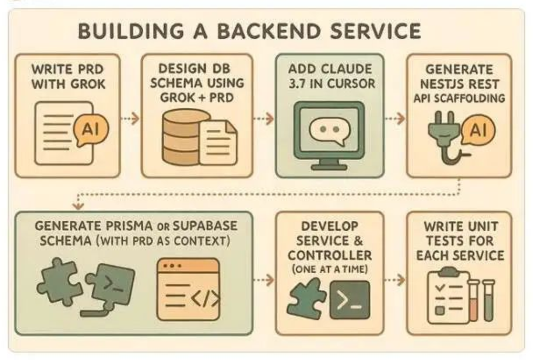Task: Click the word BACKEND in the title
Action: pyautogui.click(x=268, y=31)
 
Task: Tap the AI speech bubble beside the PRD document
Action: pyautogui.click(x=91, y=130)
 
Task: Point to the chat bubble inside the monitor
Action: pyautogui.click(x=330, y=131)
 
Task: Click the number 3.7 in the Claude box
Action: pyautogui.click(x=298, y=84)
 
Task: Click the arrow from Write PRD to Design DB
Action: pyautogui.click(x=130, y=118)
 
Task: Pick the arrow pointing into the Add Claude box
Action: pyautogui.click(x=263, y=118)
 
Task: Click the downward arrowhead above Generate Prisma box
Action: pyautogui.click(x=78, y=206)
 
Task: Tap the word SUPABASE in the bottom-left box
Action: pyautogui.click(x=205, y=226)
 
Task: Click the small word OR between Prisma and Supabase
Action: pyautogui.click(x=163, y=227)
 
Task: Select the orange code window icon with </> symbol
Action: pyautogui.click(x=188, y=289)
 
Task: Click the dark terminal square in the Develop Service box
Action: pyautogui.click(x=350, y=300)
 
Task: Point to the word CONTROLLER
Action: pyautogui.click(x=330, y=256)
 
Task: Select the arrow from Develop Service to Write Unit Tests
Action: pyautogui.click(x=395, y=279)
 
